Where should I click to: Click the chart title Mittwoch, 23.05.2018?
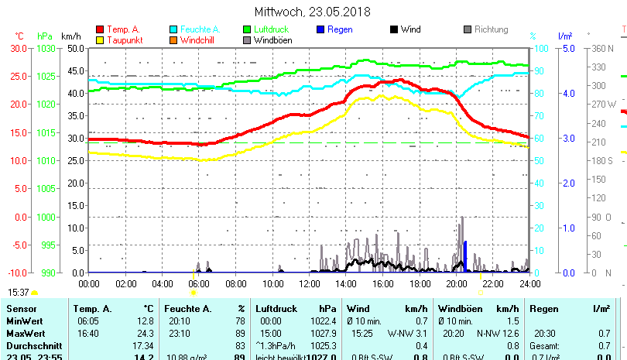coord(312,12)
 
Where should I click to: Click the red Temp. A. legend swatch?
coord(100,29)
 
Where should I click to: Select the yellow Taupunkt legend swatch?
coord(100,39)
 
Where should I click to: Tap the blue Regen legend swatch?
coord(320,29)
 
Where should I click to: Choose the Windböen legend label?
coord(273,39)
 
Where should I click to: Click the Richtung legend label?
coord(491,29)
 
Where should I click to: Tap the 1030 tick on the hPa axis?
coord(46,48)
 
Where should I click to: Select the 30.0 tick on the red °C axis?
coord(19,48)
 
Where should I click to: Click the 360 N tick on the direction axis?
coord(603,48)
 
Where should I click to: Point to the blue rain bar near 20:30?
coord(465,256)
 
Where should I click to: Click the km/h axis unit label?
coord(70,36)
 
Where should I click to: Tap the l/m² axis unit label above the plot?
coord(564,36)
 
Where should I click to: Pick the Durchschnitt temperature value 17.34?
coord(143,345)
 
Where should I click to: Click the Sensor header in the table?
coord(21,308)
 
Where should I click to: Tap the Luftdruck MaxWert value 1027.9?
coord(324,333)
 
